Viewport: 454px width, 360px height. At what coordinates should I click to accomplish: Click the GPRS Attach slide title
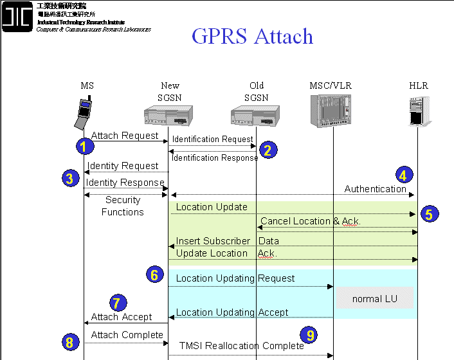(252, 36)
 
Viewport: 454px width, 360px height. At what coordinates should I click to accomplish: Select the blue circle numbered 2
(268, 150)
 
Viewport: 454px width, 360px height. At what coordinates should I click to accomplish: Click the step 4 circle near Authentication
(403, 174)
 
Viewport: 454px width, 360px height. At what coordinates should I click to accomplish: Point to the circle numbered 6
(154, 275)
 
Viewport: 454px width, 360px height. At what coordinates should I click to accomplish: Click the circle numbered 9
(310, 334)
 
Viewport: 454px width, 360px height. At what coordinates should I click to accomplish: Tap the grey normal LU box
(375, 299)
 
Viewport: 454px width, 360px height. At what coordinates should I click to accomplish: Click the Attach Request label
(124, 136)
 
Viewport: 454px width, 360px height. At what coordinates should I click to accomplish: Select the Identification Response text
(215, 158)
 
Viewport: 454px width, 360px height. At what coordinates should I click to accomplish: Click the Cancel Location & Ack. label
(310, 221)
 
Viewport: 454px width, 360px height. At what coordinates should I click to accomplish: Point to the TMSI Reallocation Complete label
(241, 346)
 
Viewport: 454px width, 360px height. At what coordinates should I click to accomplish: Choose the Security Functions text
(122, 206)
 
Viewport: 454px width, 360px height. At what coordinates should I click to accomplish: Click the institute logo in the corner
(17, 17)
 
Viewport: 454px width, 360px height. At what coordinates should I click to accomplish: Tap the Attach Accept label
(122, 317)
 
